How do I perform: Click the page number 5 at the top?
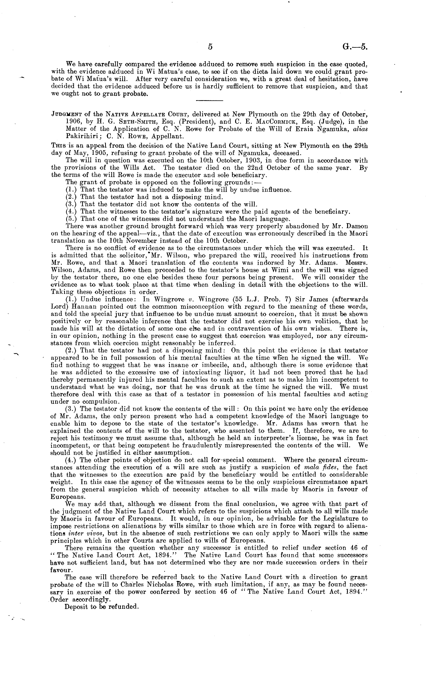210,47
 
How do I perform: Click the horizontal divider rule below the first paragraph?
209,101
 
